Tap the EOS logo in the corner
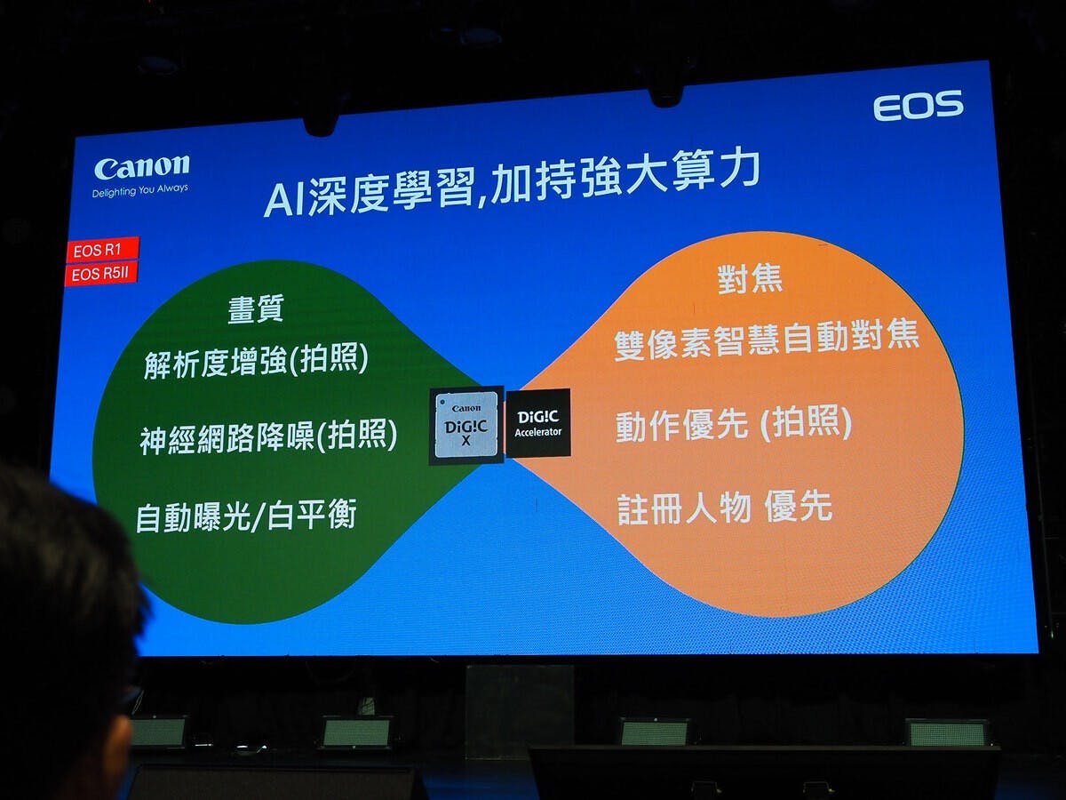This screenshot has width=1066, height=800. (919, 106)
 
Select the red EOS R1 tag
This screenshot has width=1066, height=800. (102, 250)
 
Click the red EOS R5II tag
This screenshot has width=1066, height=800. (101, 274)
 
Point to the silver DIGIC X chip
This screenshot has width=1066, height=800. (466, 426)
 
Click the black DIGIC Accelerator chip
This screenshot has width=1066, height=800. (538, 423)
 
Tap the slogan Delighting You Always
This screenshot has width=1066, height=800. (139, 190)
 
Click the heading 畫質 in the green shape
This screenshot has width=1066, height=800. (256, 309)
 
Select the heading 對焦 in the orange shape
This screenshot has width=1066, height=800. (750, 279)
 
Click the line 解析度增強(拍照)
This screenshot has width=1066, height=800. (256, 360)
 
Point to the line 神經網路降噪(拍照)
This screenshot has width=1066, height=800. (268, 436)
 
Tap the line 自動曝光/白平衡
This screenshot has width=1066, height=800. (246, 516)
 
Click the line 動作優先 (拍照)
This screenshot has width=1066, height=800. (734, 424)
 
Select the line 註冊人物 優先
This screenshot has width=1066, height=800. (725, 508)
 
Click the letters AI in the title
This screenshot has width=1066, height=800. (285, 200)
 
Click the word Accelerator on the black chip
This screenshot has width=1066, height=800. (538, 432)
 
